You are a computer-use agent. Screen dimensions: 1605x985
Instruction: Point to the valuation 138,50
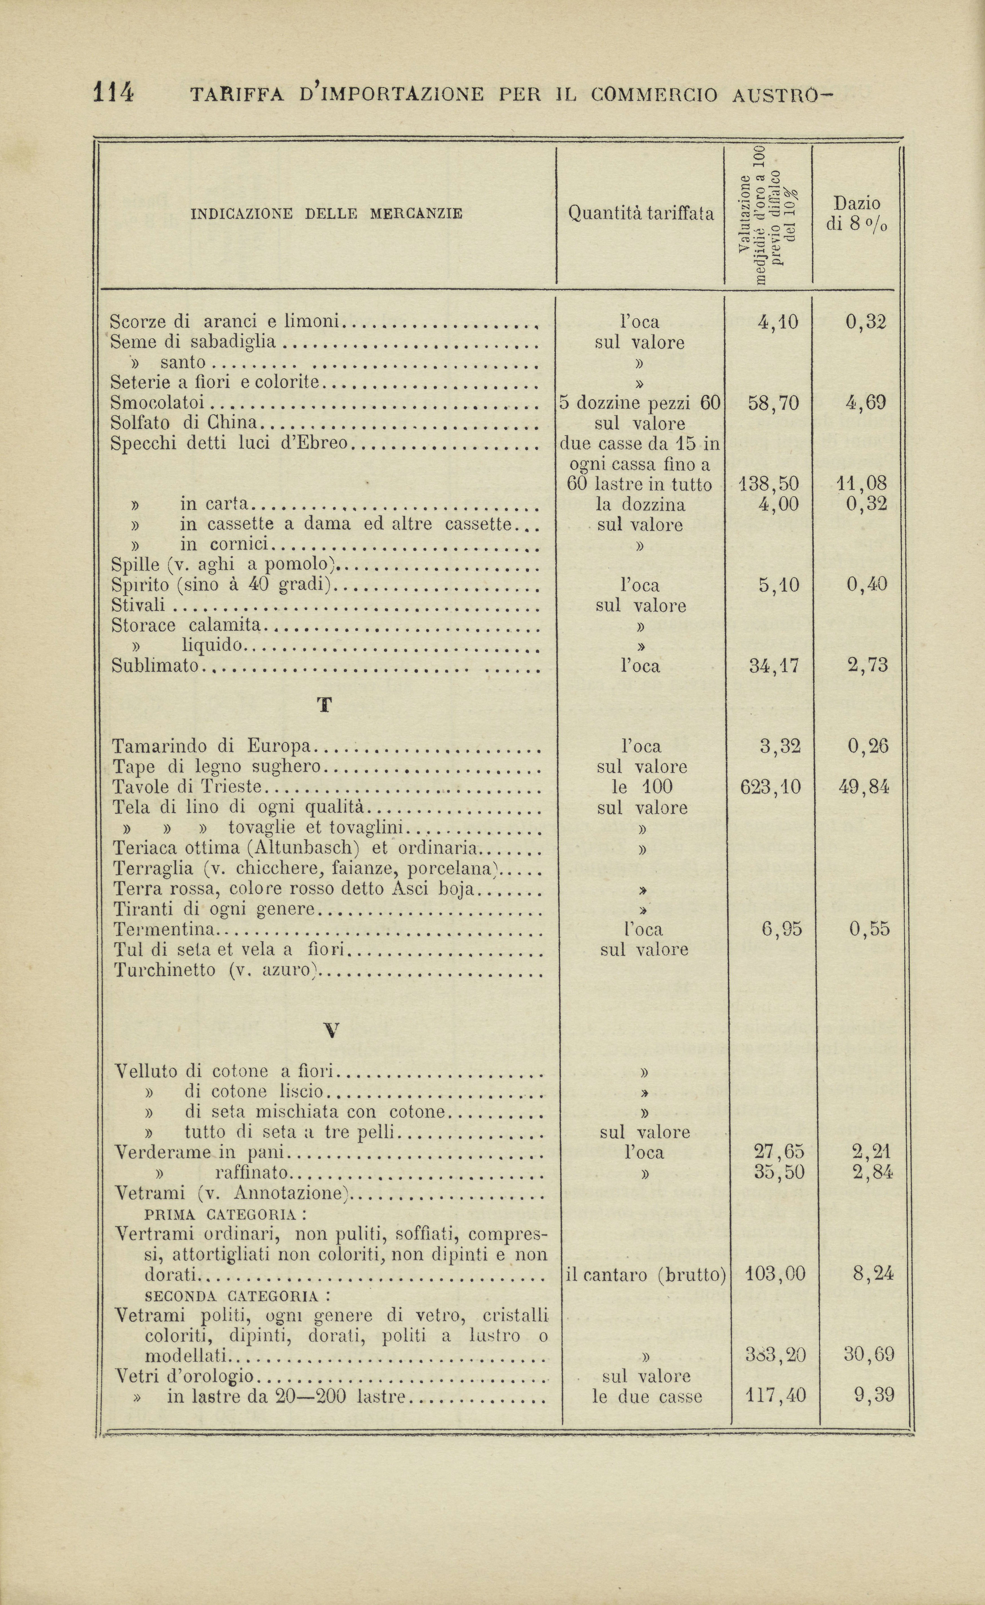tap(769, 484)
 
